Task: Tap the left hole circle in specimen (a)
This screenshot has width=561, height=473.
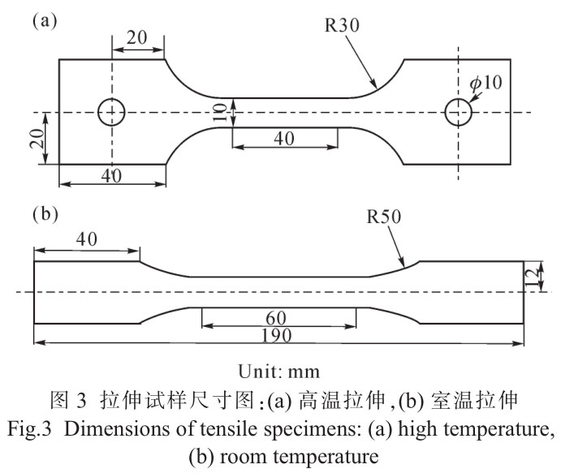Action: click(x=111, y=112)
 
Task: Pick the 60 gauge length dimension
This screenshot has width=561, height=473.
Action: click(x=279, y=316)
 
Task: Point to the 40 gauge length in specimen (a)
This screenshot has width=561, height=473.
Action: click(x=283, y=139)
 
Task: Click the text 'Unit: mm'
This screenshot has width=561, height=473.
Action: click(x=279, y=372)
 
